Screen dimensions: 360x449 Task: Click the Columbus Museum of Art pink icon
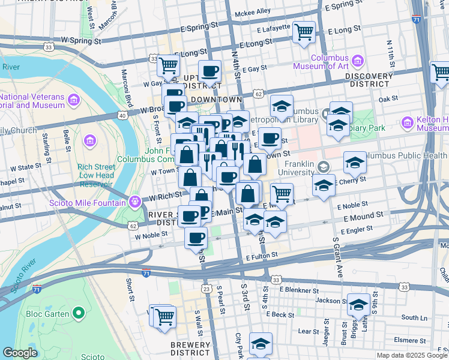(x=358, y=61)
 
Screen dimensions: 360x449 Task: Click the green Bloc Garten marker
(x=77, y=313)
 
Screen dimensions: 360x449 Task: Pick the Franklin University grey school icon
(x=324, y=166)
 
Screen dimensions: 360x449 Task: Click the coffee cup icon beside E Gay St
(x=209, y=71)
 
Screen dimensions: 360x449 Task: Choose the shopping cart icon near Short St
(x=164, y=316)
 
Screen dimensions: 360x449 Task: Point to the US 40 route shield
(x=122, y=115)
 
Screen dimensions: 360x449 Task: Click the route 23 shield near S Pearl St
(x=207, y=289)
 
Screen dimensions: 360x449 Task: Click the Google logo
(x=20, y=353)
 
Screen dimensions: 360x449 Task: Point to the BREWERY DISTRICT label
(x=190, y=349)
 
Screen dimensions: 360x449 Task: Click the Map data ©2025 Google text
(x=412, y=355)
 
